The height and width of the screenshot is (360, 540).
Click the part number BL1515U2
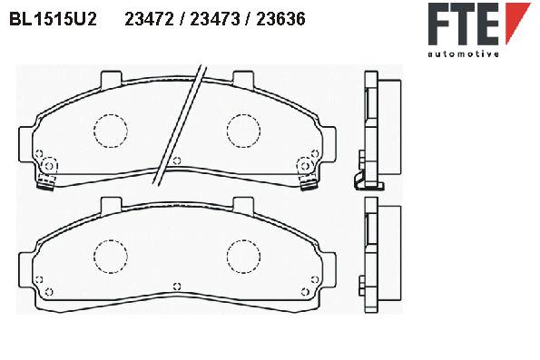pyautogui.click(x=53, y=19)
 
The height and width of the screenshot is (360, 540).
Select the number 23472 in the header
pyautogui.click(x=149, y=19)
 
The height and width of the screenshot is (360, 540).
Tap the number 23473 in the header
pyautogui.click(x=215, y=19)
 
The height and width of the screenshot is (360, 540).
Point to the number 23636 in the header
pyautogui.click(x=280, y=19)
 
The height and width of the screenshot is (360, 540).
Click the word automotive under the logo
pyautogui.click(x=463, y=54)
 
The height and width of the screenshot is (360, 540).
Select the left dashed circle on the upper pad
pyautogui.click(x=111, y=131)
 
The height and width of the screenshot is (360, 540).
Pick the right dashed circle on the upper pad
pyautogui.click(x=243, y=131)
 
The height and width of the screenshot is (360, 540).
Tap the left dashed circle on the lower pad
pyautogui.click(x=111, y=257)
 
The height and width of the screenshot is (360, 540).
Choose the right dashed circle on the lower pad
pyautogui.click(x=243, y=257)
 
